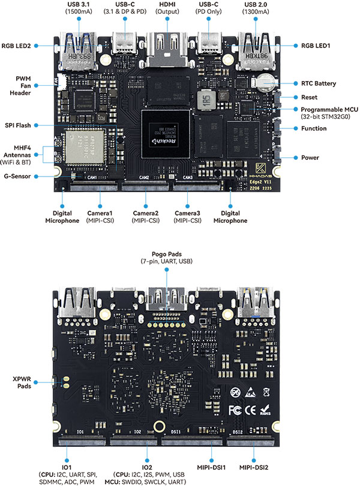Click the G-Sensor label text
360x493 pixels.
(x=20, y=176)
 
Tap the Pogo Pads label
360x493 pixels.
(x=167, y=258)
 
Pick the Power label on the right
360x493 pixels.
(x=310, y=158)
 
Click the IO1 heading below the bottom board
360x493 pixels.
(x=67, y=467)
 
